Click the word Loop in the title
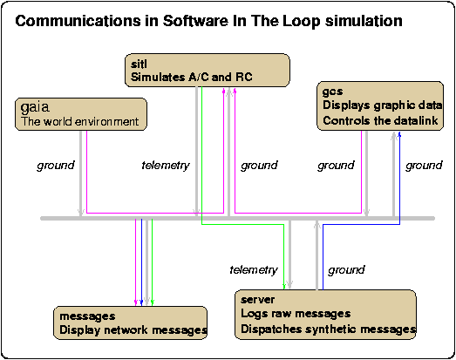click(x=301, y=22)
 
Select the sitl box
click(x=208, y=70)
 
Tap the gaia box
click(x=81, y=114)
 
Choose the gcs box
click(x=380, y=105)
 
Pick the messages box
click(x=130, y=323)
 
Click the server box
click(x=325, y=315)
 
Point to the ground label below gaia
click(x=56, y=166)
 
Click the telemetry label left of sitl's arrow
click(x=166, y=166)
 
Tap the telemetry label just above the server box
click(x=254, y=270)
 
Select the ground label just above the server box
click(x=346, y=270)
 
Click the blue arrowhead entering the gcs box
click(x=399, y=134)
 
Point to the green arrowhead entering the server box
click(x=284, y=287)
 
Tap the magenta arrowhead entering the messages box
click(x=135, y=302)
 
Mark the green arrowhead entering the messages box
click(x=152, y=302)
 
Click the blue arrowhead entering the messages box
click(x=141, y=302)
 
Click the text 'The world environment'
click(x=79, y=121)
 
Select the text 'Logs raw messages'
click(x=296, y=314)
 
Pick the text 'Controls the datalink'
click(x=380, y=120)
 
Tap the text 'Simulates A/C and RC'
click(x=192, y=77)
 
